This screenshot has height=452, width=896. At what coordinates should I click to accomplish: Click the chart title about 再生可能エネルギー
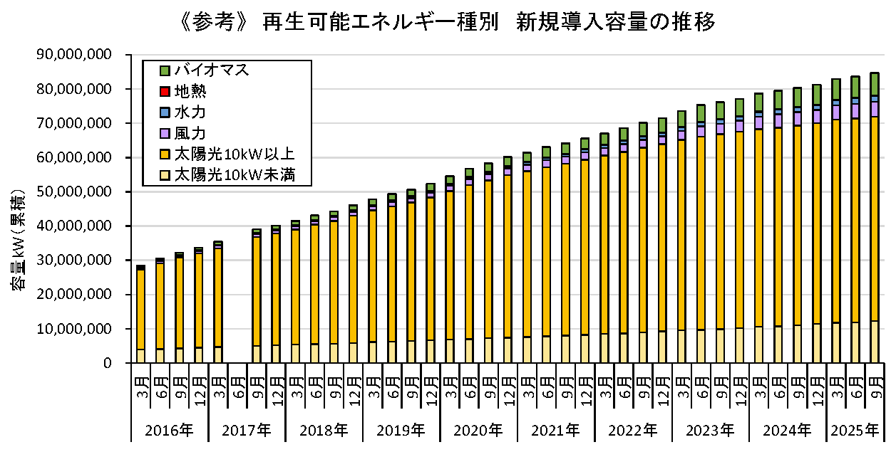coord(448,23)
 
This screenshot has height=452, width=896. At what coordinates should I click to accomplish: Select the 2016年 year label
coord(169,430)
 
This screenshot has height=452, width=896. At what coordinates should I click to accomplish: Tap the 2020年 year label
coord(479,430)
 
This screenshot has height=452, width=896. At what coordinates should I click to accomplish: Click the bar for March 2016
coord(141,313)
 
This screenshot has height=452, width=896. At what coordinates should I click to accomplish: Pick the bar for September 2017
coord(257,299)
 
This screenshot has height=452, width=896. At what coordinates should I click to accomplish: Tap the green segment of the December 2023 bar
coord(739,107)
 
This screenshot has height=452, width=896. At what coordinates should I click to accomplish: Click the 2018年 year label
coord(324,430)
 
